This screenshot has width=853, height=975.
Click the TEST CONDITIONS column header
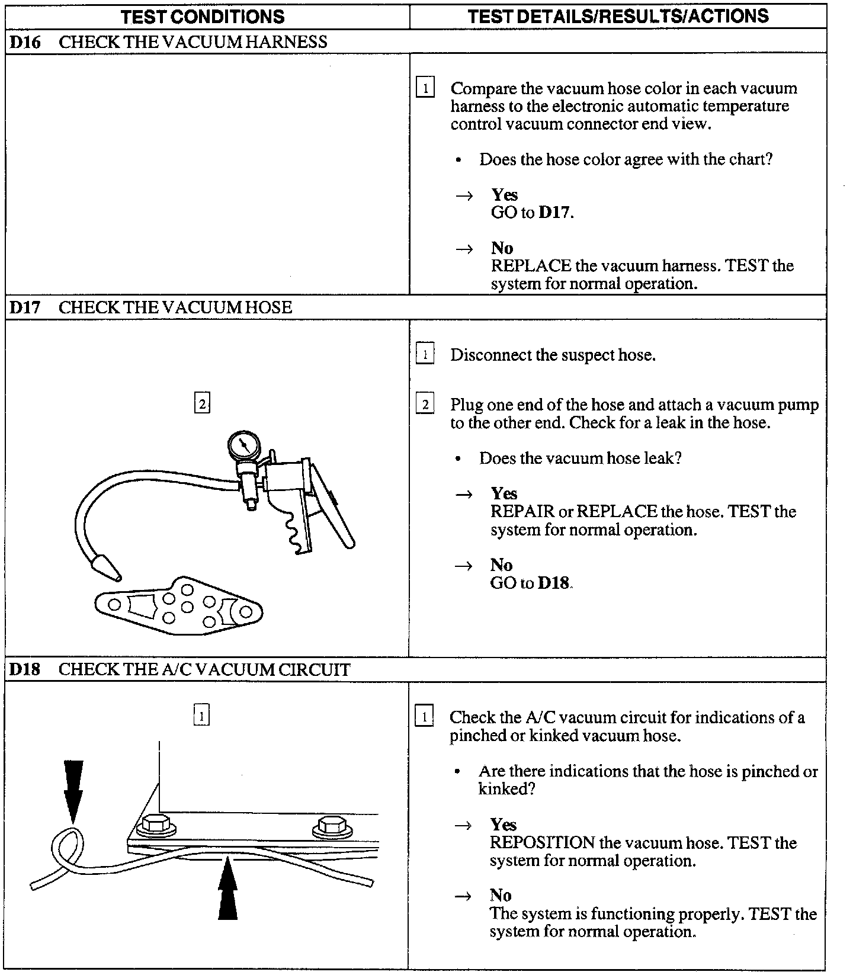point(203,16)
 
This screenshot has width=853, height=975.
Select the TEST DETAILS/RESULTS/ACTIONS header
point(618,15)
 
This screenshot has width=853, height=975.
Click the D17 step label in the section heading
point(25,307)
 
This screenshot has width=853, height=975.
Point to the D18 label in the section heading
point(25,669)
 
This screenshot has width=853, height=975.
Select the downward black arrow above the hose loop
point(73,791)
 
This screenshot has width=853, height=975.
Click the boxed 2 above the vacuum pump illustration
point(202,404)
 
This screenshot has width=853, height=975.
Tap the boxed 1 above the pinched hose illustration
point(201,716)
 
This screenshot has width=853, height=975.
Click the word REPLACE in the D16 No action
point(531,266)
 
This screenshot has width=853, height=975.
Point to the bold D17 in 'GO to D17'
point(555,213)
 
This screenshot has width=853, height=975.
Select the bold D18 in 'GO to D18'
point(553,583)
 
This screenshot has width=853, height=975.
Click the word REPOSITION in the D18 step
point(542,843)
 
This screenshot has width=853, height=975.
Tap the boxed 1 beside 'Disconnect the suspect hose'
point(425,355)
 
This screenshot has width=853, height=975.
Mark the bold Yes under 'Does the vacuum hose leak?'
point(504,493)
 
